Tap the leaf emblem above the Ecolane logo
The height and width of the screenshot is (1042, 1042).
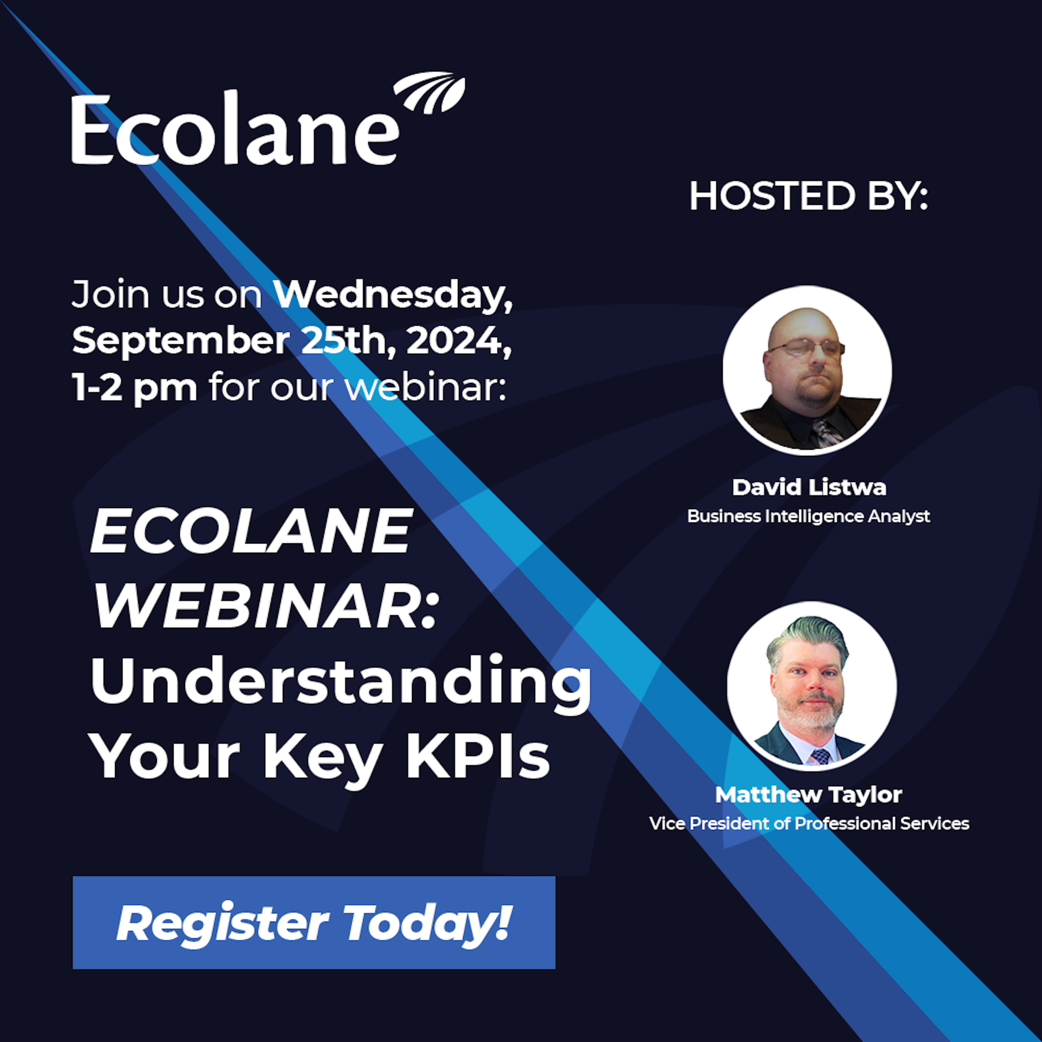[430, 93]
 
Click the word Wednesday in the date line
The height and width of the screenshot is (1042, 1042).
[392, 294]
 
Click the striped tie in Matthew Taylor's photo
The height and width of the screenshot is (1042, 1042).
[820, 756]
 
